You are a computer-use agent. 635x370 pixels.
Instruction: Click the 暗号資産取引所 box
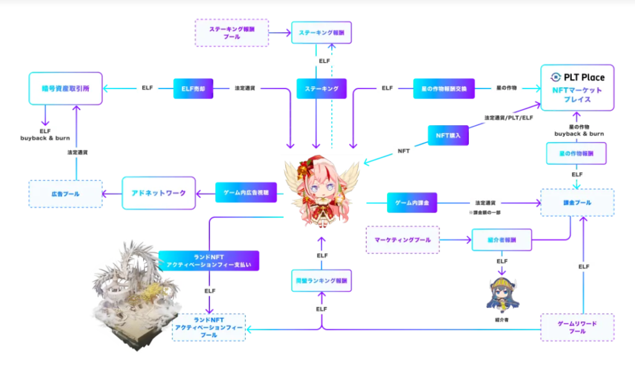[x=65, y=89]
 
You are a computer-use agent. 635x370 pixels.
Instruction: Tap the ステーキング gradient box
[x=321, y=89]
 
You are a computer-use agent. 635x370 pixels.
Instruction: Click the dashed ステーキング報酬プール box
[x=232, y=32]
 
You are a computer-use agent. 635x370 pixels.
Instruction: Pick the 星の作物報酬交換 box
[x=443, y=89]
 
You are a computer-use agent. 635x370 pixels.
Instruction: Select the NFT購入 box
[x=448, y=134]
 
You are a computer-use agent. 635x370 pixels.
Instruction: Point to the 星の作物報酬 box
[x=577, y=153]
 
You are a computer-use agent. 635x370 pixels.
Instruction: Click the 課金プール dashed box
[x=577, y=203]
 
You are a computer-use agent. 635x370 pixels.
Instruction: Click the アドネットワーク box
[x=159, y=193]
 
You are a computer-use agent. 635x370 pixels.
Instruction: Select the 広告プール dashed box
[x=65, y=194]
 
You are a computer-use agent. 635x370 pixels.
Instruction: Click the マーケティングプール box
[x=402, y=239]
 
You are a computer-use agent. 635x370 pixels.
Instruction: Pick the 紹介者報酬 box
[x=502, y=239]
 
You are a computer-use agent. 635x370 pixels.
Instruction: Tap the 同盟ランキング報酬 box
[x=321, y=280]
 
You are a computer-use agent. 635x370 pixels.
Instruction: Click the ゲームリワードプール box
[x=577, y=327]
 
